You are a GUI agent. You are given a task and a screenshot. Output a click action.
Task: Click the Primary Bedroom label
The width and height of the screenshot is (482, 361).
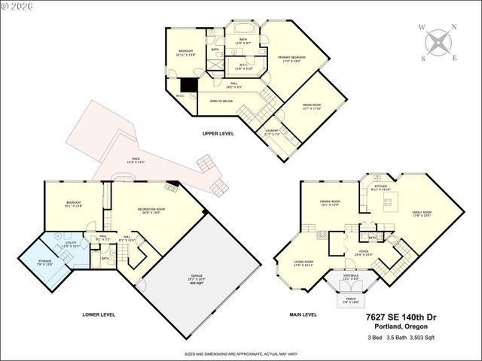[x=291, y=59]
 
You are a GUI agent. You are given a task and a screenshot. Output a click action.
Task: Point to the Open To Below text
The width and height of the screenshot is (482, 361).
[x=222, y=100]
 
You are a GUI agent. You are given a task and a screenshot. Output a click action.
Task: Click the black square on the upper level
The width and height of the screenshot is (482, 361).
[x=191, y=86]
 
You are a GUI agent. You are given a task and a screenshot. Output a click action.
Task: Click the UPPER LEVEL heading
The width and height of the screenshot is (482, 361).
[x=218, y=133]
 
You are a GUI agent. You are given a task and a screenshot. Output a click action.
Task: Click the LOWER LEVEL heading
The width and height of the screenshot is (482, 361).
[x=99, y=314]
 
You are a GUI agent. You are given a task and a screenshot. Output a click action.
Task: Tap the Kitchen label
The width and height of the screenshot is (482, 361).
[x=380, y=187]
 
